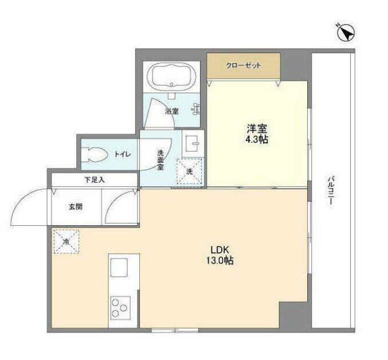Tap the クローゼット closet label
click(244, 65)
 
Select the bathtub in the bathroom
click(173, 77)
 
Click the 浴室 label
click(172, 111)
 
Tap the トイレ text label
click(123, 154)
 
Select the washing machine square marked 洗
click(189, 171)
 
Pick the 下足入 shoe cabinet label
click(95, 180)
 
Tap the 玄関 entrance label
click(76, 206)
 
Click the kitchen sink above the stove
click(119, 268)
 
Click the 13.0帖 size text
click(221, 261)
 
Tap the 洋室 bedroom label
click(256, 128)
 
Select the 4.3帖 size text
click(256, 139)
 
